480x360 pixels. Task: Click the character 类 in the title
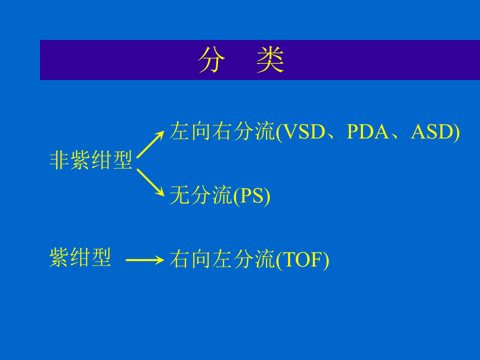270,61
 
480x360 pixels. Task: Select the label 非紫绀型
90,160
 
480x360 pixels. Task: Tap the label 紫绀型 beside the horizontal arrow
80,257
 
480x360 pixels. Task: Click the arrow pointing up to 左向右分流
150,144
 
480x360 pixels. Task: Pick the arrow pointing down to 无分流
150,182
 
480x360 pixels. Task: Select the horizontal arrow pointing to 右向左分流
144,260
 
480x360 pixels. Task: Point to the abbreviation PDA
368,131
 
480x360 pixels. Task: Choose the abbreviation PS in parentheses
252,195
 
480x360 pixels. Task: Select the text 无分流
201,195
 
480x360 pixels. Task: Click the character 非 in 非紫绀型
59,160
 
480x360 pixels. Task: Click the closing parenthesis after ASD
456,132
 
